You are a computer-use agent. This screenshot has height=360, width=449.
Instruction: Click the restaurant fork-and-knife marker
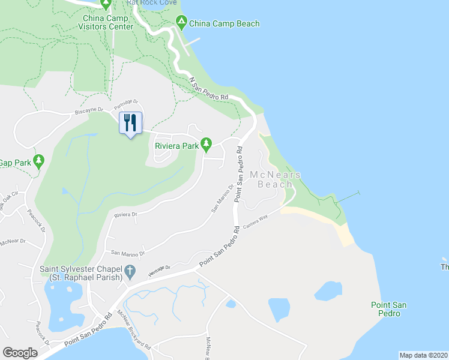click(x=131, y=123)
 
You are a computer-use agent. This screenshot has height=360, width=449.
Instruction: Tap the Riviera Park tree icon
click(x=206, y=143)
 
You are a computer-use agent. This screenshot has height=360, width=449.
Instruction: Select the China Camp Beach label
click(x=224, y=24)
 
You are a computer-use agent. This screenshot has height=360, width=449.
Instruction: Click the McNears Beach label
click(x=275, y=179)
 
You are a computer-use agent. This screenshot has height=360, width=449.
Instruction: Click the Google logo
click(x=20, y=353)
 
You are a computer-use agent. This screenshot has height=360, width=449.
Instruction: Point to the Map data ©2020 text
click(x=423, y=355)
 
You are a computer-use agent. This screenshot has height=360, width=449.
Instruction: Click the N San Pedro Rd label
click(x=208, y=89)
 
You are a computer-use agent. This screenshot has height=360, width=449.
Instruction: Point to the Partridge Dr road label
click(x=127, y=103)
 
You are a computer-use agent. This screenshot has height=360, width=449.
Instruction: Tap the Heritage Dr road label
click(x=160, y=268)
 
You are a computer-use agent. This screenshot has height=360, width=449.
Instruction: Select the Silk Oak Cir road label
click(x=11, y=197)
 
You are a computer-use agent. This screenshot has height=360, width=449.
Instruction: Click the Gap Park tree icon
click(x=39, y=160)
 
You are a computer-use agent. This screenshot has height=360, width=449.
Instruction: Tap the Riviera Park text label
click(x=177, y=145)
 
